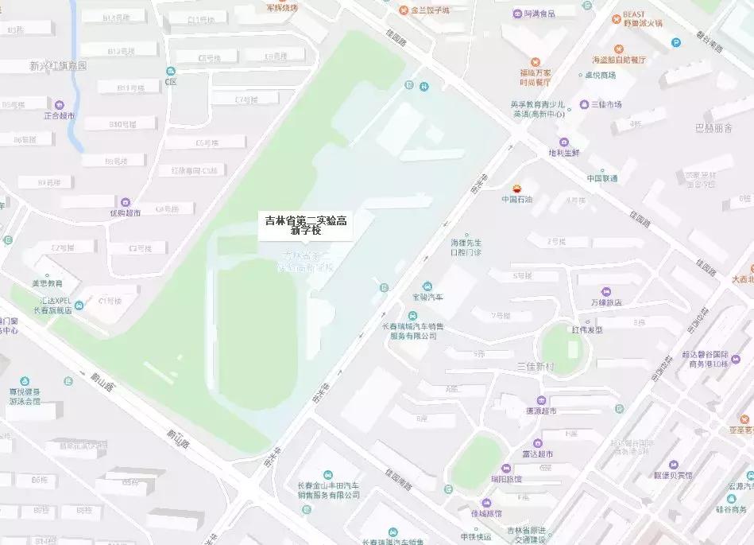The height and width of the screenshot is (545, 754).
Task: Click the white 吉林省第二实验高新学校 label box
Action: click(307, 225)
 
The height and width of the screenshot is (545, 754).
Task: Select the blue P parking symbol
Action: click(676, 42)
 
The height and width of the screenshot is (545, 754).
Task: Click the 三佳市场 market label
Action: click(605, 104)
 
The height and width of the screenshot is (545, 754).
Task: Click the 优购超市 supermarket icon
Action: click(126, 202)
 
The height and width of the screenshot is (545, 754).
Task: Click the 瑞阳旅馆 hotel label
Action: click(505, 478)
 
